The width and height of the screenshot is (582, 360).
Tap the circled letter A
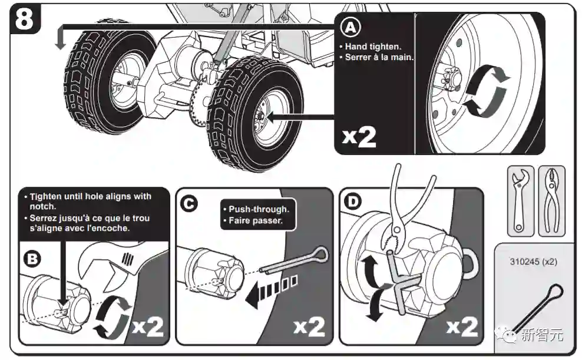pyautogui.click(x=350, y=27)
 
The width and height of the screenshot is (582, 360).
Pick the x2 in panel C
pyautogui.click(x=308, y=325)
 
